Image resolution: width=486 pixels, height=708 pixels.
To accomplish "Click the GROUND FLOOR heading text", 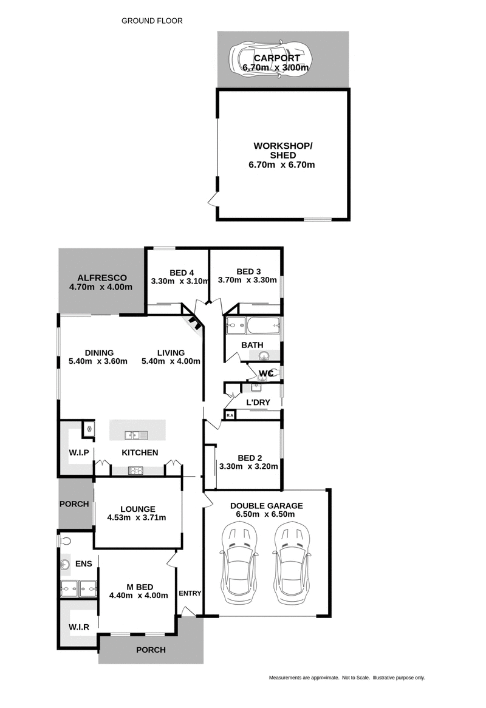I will coord(152,21).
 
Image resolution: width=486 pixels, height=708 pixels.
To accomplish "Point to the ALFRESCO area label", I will coord(101,277).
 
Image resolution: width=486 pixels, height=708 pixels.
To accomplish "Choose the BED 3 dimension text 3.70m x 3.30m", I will coord(247,281).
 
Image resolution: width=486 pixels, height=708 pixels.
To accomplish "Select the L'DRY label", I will coord(258,403).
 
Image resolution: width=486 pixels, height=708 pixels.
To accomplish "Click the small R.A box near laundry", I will coord(230,415).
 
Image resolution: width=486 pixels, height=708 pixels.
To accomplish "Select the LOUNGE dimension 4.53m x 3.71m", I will coord(136,518).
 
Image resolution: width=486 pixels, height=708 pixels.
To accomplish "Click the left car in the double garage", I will coord(240,564).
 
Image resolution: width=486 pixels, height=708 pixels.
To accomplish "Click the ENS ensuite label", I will coord(83,564).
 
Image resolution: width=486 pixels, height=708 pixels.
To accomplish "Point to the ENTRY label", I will coord(190,593).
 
